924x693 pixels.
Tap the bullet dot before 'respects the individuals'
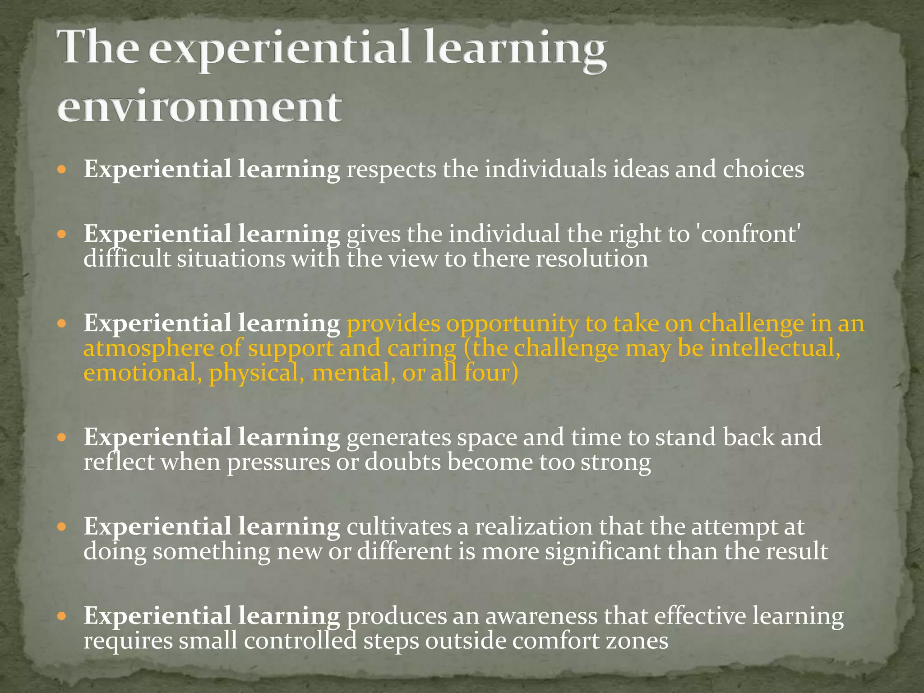(63, 170)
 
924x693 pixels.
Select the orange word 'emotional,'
(143, 373)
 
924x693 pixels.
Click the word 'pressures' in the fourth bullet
(278, 462)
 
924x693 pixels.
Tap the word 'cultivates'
(399, 527)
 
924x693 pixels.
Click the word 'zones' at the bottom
(637, 641)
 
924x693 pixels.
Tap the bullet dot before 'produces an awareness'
(63, 616)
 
